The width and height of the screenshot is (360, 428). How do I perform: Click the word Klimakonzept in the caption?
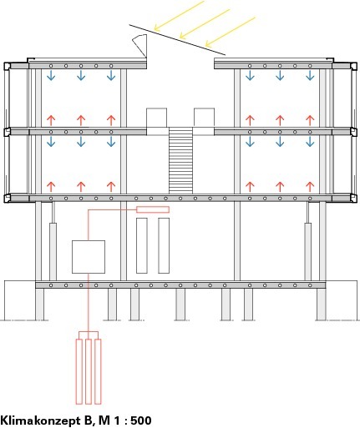coord(40,420)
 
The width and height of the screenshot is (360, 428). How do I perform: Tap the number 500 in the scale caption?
coord(141,420)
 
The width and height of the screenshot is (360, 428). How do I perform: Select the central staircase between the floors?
coord(180,160)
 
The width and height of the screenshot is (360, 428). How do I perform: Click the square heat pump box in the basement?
coord(89,257)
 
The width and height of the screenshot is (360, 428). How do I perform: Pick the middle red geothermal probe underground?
coord(89,371)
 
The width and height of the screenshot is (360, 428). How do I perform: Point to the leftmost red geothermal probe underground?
coord(79,371)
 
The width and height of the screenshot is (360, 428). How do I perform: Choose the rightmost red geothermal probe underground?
coord(98,371)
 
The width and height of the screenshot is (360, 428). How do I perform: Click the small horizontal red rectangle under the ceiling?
coord(153,209)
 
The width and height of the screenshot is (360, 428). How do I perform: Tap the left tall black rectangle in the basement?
coord(142,245)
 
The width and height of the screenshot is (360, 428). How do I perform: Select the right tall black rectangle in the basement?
coord(164,245)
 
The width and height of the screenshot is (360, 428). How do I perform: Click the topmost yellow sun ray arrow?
coord(180,15)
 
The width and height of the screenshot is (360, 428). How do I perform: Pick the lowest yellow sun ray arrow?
coord(230,32)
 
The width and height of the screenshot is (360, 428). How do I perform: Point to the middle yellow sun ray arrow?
coord(205,23)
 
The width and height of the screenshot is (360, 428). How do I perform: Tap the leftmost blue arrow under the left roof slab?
coord(51,75)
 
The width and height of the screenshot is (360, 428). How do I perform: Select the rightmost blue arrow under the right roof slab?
coord(310,75)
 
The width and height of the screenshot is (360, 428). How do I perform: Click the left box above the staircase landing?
coord(157,118)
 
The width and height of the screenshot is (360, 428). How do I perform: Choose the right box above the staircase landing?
coord(204,118)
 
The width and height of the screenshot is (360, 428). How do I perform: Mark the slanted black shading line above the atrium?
coord(177,39)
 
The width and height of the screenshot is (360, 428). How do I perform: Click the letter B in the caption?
coord(88,420)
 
